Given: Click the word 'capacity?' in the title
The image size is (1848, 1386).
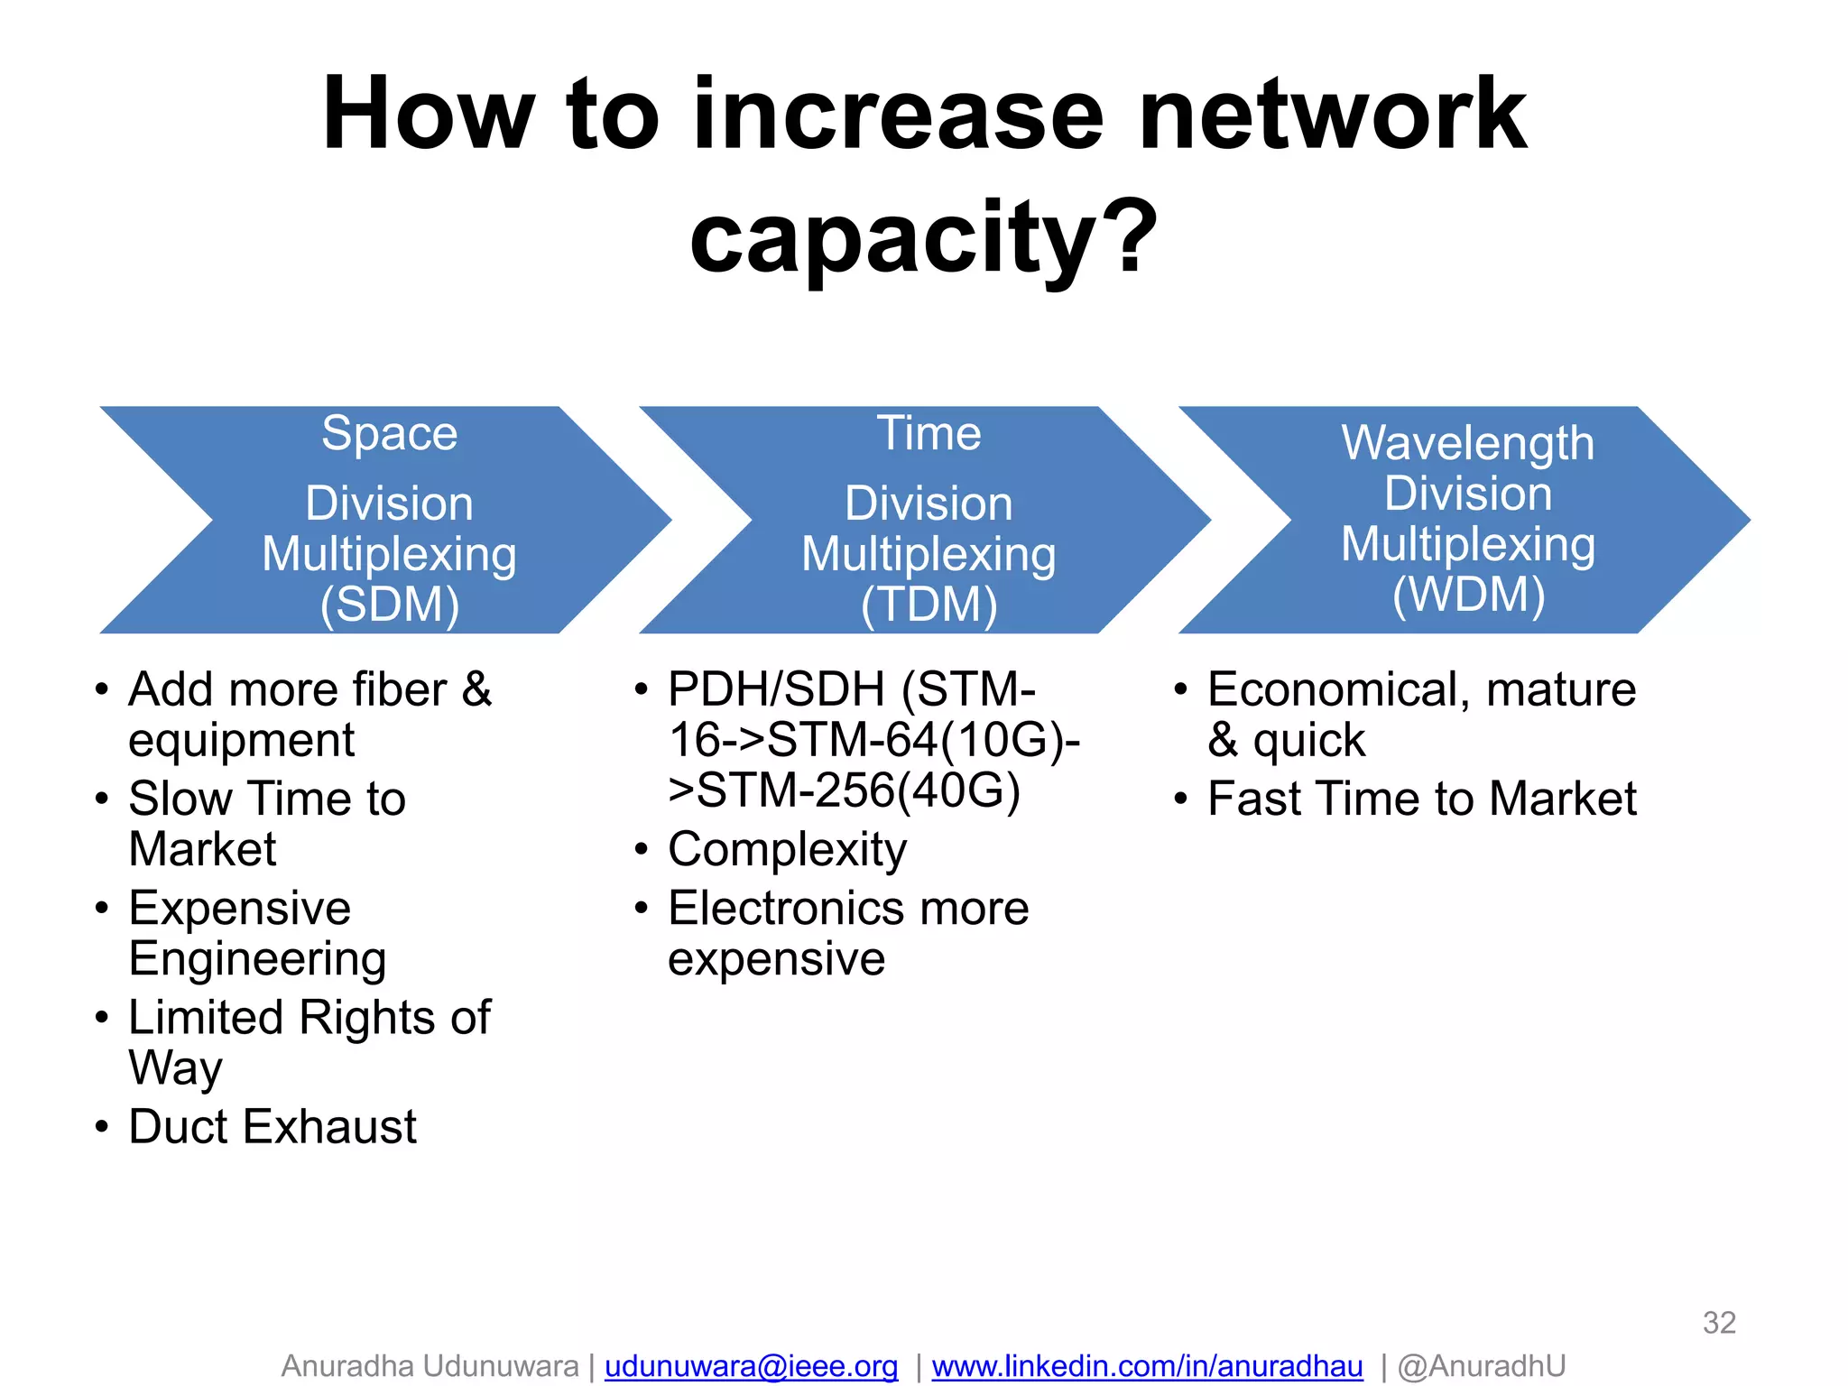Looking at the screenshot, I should (923, 236).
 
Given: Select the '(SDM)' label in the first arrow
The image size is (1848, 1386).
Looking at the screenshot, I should (390, 604).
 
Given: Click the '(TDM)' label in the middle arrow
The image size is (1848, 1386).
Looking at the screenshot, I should (929, 604).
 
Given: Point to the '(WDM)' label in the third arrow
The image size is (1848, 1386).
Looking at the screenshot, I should (1468, 594).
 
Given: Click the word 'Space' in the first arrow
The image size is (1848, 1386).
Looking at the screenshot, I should (390, 433).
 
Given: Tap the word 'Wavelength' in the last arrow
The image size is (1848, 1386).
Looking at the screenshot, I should (1468, 443).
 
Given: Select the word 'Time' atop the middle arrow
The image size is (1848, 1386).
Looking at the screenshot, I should (929, 433).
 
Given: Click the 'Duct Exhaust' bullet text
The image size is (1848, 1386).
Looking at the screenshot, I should (273, 1126).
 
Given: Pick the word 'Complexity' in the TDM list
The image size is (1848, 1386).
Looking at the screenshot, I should (787, 850).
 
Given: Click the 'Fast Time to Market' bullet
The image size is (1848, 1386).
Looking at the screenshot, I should (1422, 799).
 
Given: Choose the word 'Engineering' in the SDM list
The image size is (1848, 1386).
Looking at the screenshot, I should (257, 958).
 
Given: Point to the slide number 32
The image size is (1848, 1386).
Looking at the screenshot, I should (1719, 1323).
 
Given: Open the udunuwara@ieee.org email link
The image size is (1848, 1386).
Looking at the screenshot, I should (751, 1366).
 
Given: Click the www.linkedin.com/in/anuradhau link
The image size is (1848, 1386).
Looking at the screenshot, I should (1147, 1366).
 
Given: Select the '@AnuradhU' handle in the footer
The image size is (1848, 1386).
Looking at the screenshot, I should (1482, 1366).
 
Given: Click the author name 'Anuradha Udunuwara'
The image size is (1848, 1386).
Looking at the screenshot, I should (430, 1366).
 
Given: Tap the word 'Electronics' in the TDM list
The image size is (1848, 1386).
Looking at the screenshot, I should (786, 908).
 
